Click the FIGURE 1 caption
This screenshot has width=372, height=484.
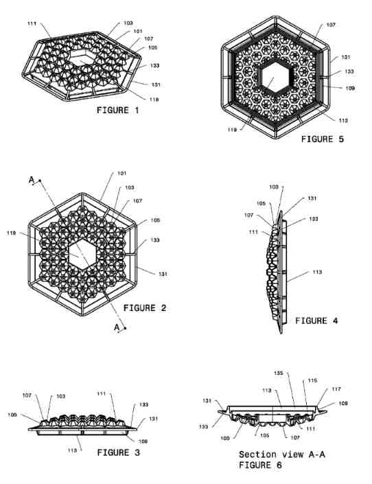(x=117, y=111)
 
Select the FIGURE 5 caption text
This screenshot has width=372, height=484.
(x=323, y=139)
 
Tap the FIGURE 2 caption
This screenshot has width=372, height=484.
(x=145, y=308)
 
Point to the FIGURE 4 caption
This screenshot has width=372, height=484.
(x=316, y=321)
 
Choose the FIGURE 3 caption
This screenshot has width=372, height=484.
(x=118, y=453)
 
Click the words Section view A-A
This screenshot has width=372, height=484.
(x=282, y=454)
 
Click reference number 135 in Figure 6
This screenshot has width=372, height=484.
(x=279, y=373)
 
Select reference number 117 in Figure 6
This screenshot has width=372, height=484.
(x=336, y=389)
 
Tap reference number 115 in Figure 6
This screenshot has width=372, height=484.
(x=312, y=380)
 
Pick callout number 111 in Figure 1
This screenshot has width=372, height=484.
(x=32, y=23)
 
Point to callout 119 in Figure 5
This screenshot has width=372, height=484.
(x=232, y=130)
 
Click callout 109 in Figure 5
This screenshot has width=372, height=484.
(x=350, y=89)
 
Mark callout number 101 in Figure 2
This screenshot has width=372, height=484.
(x=122, y=174)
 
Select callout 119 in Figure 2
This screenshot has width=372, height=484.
(x=11, y=233)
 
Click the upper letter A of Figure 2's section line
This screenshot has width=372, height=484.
(x=32, y=179)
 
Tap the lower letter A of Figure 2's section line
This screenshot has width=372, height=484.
(x=117, y=327)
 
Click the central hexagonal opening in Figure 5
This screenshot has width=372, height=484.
(x=275, y=76)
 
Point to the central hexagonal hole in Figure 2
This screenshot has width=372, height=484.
(x=82, y=255)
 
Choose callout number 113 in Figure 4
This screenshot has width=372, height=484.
(x=317, y=273)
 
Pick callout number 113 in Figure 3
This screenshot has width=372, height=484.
(x=72, y=450)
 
